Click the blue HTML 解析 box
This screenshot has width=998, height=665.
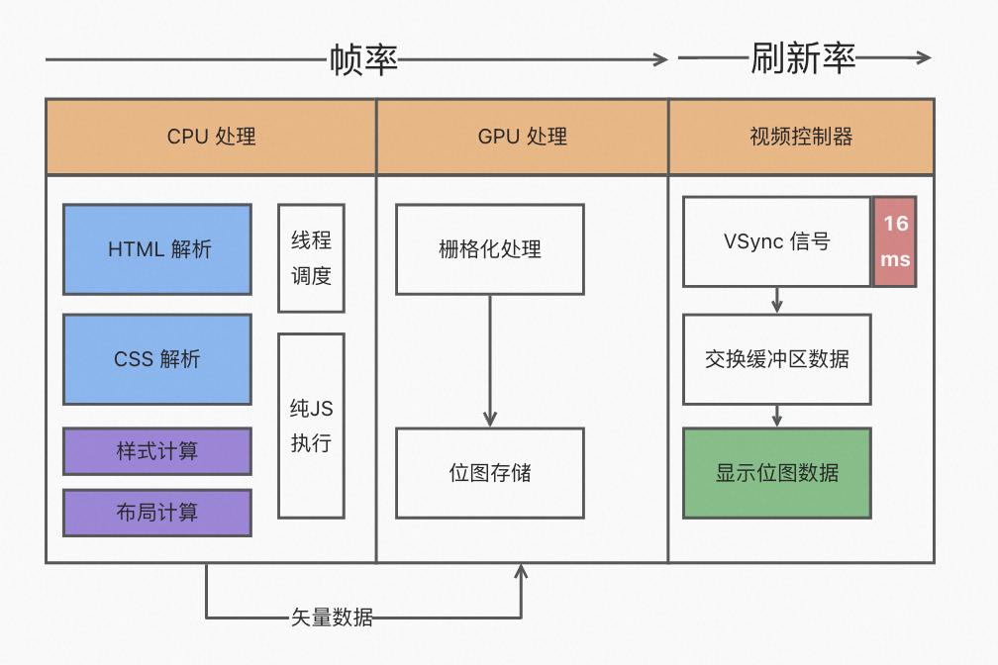coord(157,249)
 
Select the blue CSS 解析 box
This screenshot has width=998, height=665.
coord(157,359)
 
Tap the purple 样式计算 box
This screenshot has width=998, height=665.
coord(157,451)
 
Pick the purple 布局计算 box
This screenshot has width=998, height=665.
coord(157,512)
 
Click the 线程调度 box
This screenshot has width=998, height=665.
coord(311,258)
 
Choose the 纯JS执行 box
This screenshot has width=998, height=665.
coord(311,426)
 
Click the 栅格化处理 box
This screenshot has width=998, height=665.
coord(490,249)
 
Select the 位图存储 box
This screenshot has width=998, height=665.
coord(490,473)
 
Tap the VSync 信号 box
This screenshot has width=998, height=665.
coord(777,241)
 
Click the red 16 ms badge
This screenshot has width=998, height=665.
coord(896,241)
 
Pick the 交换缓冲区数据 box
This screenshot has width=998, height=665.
coord(777,359)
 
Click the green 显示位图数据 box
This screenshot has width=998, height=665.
coord(777,473)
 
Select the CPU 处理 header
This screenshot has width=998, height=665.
coord(211,137)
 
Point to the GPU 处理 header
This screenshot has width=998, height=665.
coord(523,137)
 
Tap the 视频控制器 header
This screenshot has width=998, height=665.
coord(801,137)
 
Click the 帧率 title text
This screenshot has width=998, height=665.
coord(363,60)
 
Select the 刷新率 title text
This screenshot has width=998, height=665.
coord(803,58)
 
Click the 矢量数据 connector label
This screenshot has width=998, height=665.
coord(332,617)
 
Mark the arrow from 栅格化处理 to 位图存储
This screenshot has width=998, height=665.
coord(490,361)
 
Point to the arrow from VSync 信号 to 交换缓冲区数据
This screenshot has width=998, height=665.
coord(777,301)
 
